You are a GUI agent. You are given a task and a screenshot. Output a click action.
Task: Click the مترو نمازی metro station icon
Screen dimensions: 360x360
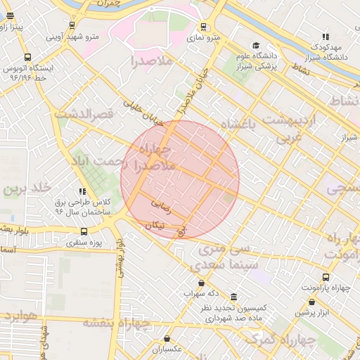coord(204,27)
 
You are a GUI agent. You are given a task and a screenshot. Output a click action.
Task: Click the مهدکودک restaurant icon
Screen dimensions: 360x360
coord(326,36)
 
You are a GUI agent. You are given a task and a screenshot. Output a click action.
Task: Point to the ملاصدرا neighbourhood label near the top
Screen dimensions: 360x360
coord(151,62)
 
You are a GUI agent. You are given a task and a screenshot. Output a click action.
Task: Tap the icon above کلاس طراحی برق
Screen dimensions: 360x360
coord(83,191)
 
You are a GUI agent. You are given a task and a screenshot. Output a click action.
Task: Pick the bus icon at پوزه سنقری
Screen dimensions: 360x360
coord(84,231)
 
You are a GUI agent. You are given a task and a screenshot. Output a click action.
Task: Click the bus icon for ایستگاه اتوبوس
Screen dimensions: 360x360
coord(27,57)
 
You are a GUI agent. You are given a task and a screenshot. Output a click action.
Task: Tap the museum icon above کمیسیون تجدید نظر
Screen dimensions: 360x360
coord(233,298)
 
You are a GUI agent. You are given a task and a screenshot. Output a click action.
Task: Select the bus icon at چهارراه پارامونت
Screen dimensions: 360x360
coord(325,277)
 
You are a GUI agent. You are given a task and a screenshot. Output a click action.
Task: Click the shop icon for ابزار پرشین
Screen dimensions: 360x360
coord(311,302)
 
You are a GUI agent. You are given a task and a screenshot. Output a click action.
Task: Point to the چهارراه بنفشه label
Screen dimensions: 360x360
coord(117,323)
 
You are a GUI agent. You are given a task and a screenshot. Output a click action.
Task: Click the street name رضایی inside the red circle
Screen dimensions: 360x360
coord(161,205)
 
